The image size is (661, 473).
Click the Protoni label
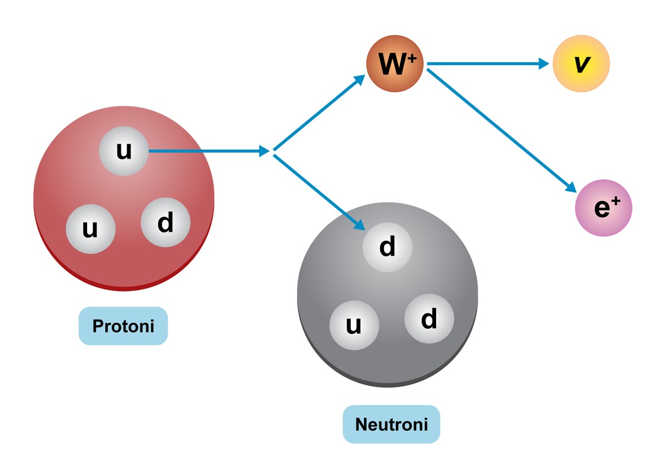(x=123, y=326)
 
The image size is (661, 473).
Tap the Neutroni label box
(x=391, y=425)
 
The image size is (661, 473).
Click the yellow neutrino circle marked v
(x=581, y=64)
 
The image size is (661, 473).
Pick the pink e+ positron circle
(x=604, y=208)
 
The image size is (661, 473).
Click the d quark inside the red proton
(x=166, y=223)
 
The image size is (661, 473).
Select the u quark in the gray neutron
(x=353, y=325)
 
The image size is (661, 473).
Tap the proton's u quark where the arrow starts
(x=124, y=151)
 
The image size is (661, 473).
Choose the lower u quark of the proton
(x=90, y=228)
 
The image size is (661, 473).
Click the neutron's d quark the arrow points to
(x=387, y=247)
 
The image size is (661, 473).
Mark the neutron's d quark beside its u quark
(x=429, y=319)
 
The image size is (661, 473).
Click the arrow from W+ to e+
(x=500, y=130)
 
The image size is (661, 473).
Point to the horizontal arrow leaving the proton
(x=207, y=151)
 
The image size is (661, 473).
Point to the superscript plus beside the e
(x=615, y=201)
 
